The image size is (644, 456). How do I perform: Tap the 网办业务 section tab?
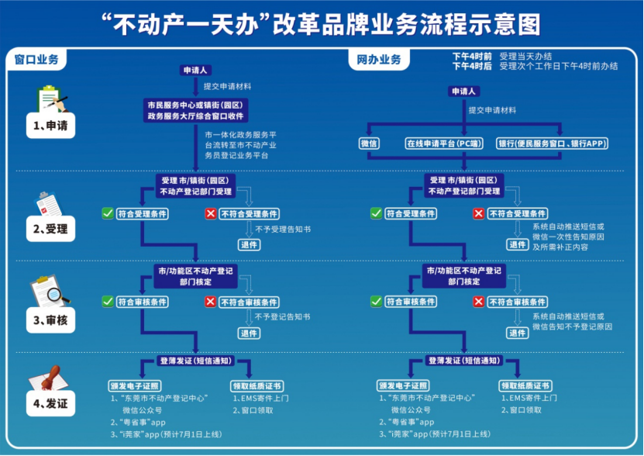[379, 60]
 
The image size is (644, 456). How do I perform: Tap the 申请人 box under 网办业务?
[463, 92]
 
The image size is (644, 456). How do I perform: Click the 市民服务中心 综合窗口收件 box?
[196, 109]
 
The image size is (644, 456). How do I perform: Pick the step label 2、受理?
[50, 229]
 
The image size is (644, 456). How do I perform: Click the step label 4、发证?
[50, 403]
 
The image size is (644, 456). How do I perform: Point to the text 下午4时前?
[471, 56]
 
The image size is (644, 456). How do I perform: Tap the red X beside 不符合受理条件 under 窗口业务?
[210, 213]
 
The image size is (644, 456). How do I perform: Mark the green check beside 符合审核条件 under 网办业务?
[376, 302]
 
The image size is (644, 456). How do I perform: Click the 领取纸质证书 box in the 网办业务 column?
[525, 385]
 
